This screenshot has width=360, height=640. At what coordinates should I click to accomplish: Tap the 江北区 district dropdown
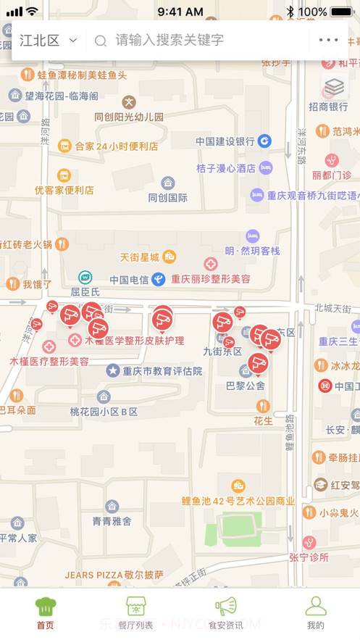point(48,41)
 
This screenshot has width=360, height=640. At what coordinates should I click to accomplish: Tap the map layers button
point(334,88)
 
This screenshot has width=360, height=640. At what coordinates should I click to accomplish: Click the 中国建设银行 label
point(225,141)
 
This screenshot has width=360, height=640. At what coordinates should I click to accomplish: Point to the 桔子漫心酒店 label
point(226,168)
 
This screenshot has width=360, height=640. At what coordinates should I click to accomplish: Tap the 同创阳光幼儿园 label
point(129,117)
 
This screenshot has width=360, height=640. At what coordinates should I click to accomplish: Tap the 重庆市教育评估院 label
point(162,371)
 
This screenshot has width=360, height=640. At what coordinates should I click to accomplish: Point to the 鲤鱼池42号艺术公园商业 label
point(238,500)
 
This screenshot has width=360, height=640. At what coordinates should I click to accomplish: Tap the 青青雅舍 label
point(112,520)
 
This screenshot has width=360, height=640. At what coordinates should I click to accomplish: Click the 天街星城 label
point(139,257)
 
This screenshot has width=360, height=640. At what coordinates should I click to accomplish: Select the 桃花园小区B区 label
point(104,411)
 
